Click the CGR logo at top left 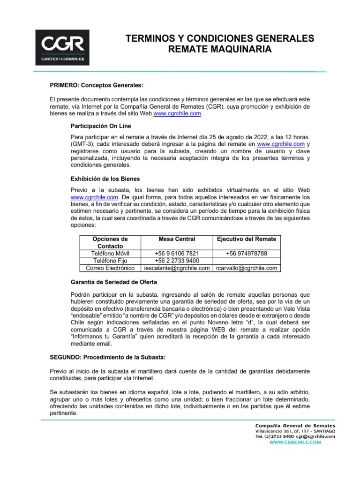click(x=62, y=47)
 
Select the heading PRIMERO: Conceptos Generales click(x=96, y=85)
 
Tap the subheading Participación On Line click(x=101, y=126)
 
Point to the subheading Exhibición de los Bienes click(x=105, y=179)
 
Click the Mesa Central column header click(x=177, y=239)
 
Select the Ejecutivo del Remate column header click(x=247, y=239)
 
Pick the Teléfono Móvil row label click(x=110, y=254)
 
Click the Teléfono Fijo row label click(x=110, y=261)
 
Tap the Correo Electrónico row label click(x=110, y=268)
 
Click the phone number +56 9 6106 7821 click(x=177, y=254)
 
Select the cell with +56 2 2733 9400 click(x=177, y=261)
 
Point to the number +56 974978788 click(x=247, y=254)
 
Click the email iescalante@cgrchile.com click(x=177, y=268)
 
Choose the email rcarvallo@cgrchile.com click(x=247, y=268)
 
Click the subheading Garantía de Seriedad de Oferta click(x=114, y=282)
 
